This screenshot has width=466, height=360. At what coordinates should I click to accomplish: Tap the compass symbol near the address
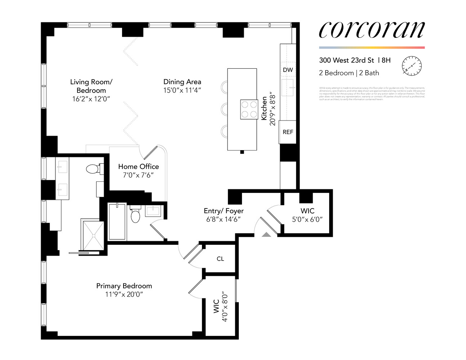[412, 66]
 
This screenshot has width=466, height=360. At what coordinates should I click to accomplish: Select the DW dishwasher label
[288, 70]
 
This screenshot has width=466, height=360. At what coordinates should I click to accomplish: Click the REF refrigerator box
[288, 132]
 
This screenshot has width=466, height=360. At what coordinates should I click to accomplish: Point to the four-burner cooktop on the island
[249, 109]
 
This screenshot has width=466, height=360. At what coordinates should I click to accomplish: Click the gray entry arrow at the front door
[266, 234]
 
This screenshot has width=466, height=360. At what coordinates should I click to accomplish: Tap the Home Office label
[138, 166]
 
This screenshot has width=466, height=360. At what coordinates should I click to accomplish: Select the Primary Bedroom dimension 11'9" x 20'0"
[124, 294]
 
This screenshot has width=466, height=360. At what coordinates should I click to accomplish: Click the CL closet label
[220, 259]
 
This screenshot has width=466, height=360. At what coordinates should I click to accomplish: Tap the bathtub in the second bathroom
[117, 222]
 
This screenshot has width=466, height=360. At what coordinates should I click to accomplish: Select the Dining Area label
[182, 82]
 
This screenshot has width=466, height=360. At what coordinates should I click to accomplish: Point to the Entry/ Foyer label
[224, 211]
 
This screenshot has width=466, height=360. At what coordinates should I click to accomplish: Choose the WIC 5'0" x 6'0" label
[307, 215]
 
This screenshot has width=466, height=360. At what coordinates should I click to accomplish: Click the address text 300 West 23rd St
[346, 60]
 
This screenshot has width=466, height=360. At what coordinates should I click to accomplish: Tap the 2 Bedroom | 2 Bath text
[349, 73]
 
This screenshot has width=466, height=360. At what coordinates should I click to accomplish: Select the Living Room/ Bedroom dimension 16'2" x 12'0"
[91, 99]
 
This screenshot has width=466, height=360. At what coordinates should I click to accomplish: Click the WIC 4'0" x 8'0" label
[220, 306]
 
